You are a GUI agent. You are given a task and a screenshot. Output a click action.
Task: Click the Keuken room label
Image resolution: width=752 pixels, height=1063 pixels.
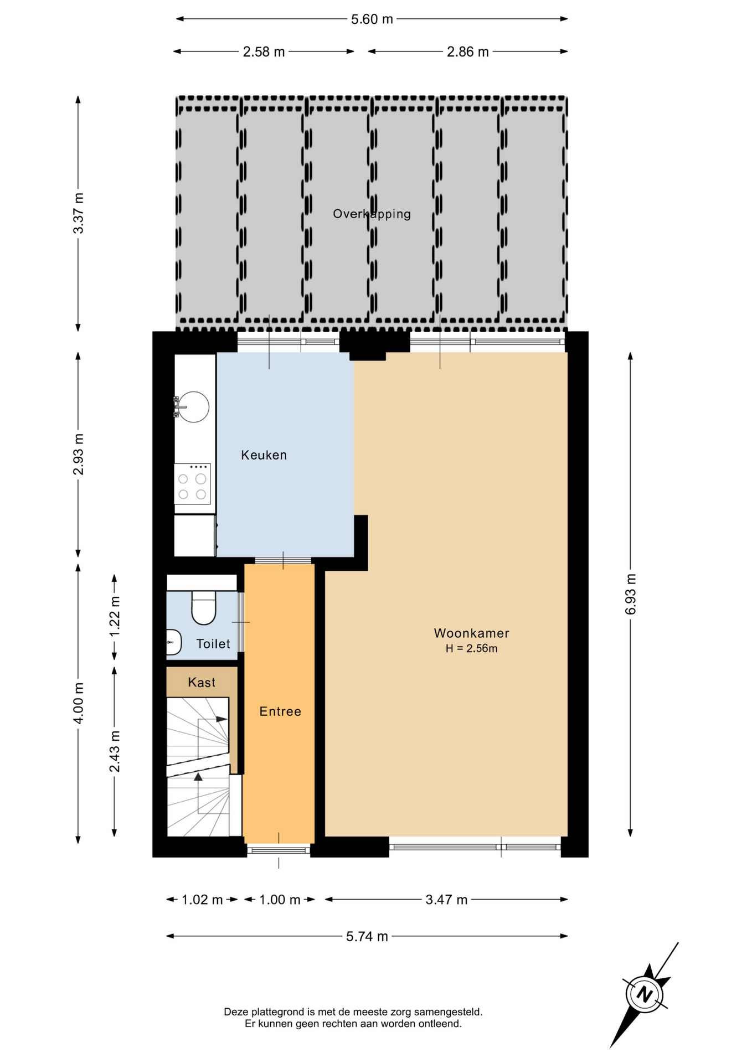tap(264, 455)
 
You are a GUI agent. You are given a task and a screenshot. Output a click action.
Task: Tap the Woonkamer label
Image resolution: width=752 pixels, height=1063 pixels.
tap(471, 633)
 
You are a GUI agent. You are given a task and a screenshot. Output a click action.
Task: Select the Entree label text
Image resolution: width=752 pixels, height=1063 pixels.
tap(280, 711)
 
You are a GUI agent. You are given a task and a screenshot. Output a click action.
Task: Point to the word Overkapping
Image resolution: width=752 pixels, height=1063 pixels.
tap(372, 214)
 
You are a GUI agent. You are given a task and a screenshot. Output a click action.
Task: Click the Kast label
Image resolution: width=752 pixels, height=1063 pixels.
tap(202, 682)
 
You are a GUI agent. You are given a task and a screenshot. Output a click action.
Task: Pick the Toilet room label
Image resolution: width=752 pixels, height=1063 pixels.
tap(213, 644)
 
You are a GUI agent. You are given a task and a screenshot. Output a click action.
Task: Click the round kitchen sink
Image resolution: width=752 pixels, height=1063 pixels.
tap(193, 407)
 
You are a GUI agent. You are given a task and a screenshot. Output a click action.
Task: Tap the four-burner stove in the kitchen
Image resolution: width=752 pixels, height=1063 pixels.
tap(192, 484)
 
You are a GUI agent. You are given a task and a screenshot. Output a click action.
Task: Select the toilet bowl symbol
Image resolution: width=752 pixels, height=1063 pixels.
tap(203, 608)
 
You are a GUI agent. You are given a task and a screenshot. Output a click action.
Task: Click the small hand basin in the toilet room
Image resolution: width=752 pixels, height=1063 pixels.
tap(173, 642)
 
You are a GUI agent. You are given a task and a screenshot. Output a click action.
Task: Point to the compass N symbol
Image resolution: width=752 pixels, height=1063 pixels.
tap(644, 994)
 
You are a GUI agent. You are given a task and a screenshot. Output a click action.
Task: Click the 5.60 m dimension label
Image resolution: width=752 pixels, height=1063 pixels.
tap(372, 19)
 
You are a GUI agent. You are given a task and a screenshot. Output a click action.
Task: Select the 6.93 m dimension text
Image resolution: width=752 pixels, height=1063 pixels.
tap(631, 594)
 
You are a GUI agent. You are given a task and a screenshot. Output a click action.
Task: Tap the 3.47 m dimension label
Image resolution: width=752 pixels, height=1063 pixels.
tap(446, 900)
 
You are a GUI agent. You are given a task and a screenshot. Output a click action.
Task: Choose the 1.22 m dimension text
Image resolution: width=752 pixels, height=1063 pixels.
tap(115, 617)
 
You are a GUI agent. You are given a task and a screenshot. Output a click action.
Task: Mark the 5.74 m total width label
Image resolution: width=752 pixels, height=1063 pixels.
tap(367, 936)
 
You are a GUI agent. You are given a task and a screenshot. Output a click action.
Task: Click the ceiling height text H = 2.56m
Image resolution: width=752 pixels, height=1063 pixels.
tap(471, 649)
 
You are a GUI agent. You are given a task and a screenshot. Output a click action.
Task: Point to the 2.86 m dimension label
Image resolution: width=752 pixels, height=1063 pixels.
tap(468, 52)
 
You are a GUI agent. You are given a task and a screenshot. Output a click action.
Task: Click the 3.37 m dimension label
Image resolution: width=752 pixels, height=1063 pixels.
tap(79, 213)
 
